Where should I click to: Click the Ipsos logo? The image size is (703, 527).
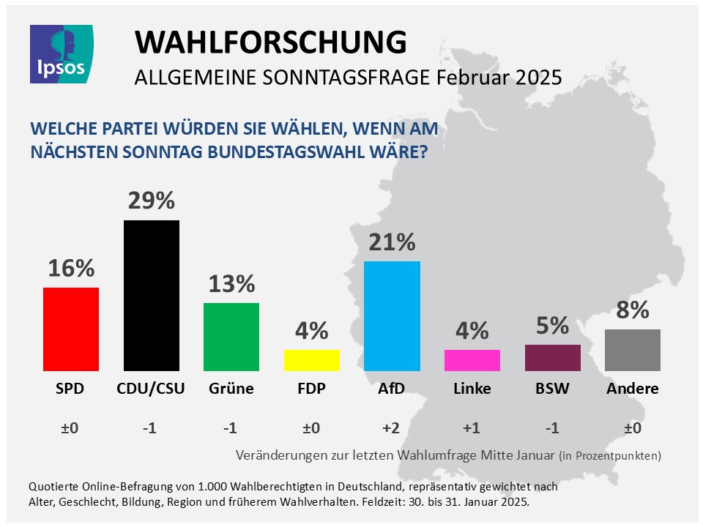(x=62, y=53)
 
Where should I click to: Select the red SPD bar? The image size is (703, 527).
(x=71, y=329)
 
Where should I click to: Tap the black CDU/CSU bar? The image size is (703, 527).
(x=152, y=295)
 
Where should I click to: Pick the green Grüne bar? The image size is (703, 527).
(x=231, y=337)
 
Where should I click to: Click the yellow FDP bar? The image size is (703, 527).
(x=312, y=360)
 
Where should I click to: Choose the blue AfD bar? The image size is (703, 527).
(x=392, y=315)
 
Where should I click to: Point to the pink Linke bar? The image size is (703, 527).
(x=472, y=360)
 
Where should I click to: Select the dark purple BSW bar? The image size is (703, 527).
(x=553, y=357)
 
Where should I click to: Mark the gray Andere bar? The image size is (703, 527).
(x=633, y=350)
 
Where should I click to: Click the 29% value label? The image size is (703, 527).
(x=152, y=201)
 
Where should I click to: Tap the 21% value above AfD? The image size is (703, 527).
(x=392, y=242)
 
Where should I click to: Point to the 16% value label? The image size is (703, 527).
(x=71, y=269)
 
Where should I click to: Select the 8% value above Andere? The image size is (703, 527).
(x=633, y=310)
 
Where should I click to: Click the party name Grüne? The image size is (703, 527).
(x=231, y=389)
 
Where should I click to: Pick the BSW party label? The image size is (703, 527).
(x=553, y=389)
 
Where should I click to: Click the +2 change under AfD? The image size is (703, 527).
(x=392, y=427)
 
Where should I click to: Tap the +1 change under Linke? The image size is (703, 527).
(x=472, y=427)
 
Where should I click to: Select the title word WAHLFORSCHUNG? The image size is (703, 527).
(x=270, y=42)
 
